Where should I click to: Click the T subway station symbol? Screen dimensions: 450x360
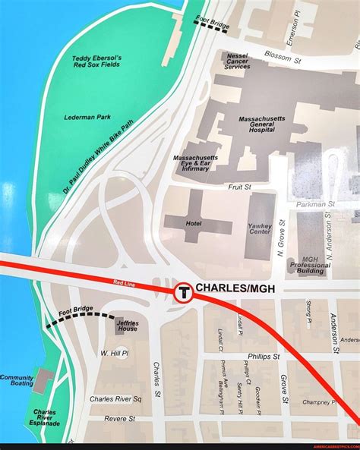click(183, 291)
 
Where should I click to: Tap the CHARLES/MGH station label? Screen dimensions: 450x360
click(238, 288)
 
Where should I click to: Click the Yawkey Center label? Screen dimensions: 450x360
click(260, 228)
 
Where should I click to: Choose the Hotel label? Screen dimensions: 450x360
click(194, 224)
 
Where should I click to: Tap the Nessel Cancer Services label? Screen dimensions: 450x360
click(237, 61)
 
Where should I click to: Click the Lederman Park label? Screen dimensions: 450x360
click(87, 117)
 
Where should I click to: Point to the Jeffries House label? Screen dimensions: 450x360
click(127, 326)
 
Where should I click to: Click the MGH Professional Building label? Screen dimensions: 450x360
click(310, 265)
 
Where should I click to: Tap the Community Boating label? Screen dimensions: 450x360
click(16, 380)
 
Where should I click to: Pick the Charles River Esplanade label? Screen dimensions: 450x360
click(44, 417)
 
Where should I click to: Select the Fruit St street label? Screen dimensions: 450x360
click(239, 186)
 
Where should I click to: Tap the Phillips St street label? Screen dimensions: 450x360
click(263, 356)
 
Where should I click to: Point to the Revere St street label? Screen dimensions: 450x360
click(120, 418)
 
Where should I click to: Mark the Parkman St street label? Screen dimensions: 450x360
click(316, 204)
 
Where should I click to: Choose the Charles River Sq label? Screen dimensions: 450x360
click(115, 398)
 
